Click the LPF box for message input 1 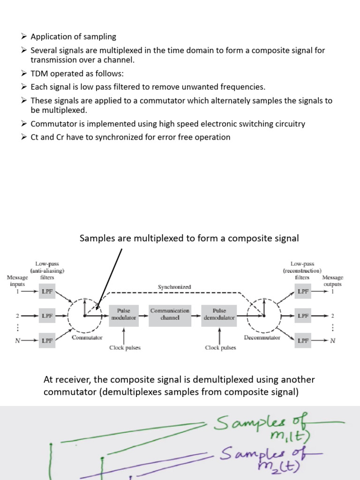47,292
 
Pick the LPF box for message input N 47,340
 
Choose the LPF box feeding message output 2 303,316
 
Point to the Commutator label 87,337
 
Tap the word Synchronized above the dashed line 174,286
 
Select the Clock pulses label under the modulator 125,348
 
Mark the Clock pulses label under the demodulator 220,348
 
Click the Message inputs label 18,281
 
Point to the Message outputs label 332,281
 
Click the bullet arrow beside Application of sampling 25,37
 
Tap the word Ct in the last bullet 35,137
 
